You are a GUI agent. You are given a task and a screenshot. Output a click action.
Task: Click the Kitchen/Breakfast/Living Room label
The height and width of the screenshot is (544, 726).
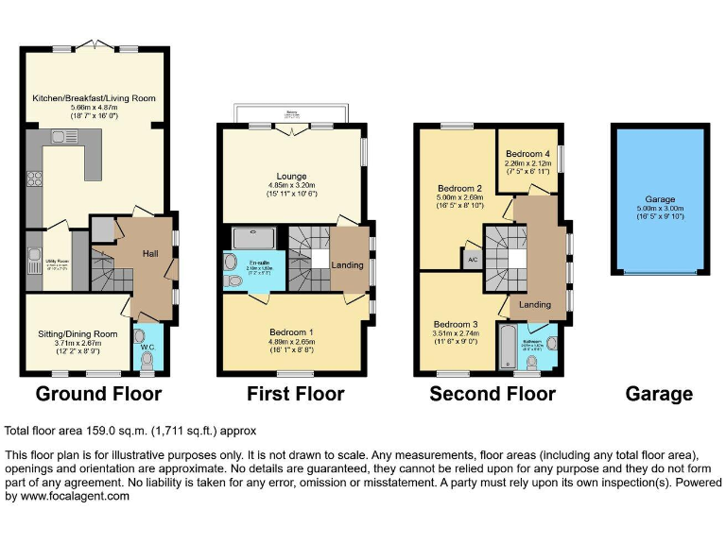94,98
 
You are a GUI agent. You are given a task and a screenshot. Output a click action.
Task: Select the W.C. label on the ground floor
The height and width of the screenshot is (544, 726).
146,349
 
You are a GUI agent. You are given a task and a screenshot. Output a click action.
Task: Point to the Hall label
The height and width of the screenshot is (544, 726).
151,253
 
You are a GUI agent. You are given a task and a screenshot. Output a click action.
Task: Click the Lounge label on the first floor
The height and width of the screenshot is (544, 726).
290,176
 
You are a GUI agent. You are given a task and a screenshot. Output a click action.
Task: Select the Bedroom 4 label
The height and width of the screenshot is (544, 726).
527,154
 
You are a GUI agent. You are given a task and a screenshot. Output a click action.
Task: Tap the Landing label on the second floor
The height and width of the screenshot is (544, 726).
536,304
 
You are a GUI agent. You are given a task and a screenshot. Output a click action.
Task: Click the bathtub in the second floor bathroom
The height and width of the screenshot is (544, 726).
510,348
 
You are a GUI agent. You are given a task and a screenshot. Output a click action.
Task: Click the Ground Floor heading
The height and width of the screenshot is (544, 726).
98,394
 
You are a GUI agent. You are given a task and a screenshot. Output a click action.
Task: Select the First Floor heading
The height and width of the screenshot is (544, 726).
295,394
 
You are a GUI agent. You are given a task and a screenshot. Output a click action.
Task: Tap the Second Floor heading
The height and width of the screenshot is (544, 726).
493,394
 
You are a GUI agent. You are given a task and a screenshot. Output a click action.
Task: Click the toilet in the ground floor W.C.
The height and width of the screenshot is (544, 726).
145,362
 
